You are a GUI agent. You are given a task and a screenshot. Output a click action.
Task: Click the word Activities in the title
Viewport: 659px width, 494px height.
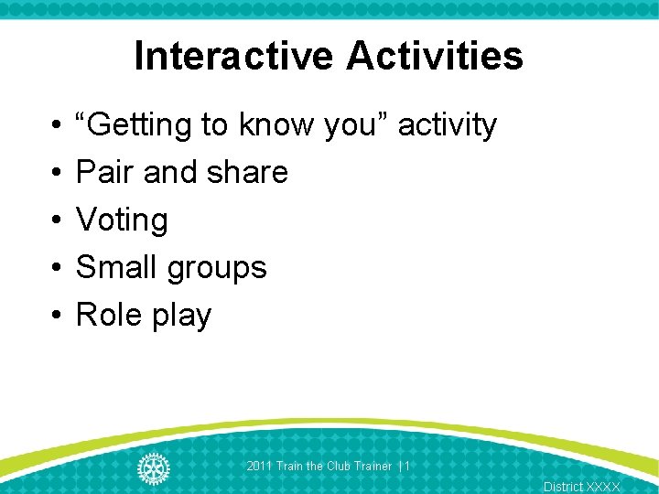pyautogui.click(x=435, y=56)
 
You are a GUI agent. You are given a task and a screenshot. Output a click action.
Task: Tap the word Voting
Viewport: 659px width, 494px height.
pyautogui.click(x=122, y=220)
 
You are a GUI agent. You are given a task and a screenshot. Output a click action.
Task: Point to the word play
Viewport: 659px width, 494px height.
pyautogui.click(x=182, y=317)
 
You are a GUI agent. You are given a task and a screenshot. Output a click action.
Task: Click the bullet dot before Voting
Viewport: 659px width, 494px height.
pyautogui.click(x=56, y=220)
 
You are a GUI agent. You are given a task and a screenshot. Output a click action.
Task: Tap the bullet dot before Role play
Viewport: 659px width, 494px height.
pyautogui.click(x=56, y=316)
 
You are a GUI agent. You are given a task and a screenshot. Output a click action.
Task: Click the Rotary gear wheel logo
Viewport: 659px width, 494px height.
pyautogui.click(x=153, y=467)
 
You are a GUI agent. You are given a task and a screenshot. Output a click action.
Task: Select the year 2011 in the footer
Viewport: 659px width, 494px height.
pyautogui.click(x=260, y=467)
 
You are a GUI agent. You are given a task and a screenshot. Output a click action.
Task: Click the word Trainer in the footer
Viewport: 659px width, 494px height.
pyautogui.click(x=373, y=467)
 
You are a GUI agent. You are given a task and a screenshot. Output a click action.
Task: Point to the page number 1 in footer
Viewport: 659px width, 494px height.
pyautogui.click(x=407, y=467)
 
